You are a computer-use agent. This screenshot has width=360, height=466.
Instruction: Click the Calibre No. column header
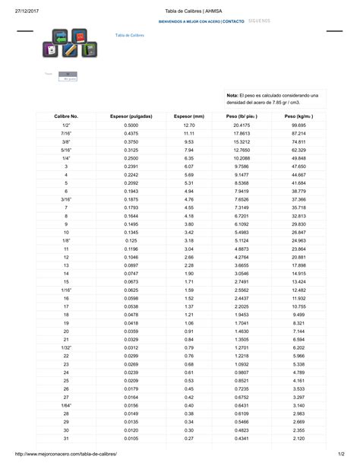[x=66, y=116]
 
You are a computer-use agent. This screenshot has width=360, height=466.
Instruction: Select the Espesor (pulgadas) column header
[x=131, y=116]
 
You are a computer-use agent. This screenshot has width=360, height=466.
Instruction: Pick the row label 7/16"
[x=66, y=133]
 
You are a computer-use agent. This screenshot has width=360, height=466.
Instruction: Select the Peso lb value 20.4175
[x=242, y=124]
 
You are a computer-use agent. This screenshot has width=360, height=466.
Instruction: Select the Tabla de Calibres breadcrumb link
[x=130, y=36]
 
